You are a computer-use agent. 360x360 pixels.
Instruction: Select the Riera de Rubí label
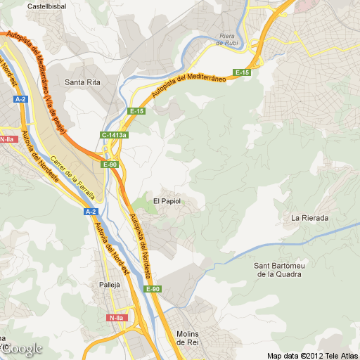(x=227, y=39)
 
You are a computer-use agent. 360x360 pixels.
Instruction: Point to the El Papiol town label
(x=167, y=201)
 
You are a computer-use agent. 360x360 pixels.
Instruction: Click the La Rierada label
(x=310, y=218)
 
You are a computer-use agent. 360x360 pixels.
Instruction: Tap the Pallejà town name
(x=110, y=285)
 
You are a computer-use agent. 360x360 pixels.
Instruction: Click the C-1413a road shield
(x=115, y=134)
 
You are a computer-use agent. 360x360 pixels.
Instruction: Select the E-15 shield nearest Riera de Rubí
(x=243, y=72)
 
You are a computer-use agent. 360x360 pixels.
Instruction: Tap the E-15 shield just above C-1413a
(x=136, y=111)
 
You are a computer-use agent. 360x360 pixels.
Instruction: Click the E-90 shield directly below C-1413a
(x=110, y=165)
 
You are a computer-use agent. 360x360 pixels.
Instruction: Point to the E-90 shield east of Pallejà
(x=153, y=289)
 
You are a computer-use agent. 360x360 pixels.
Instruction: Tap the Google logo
(x=22, y=349)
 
